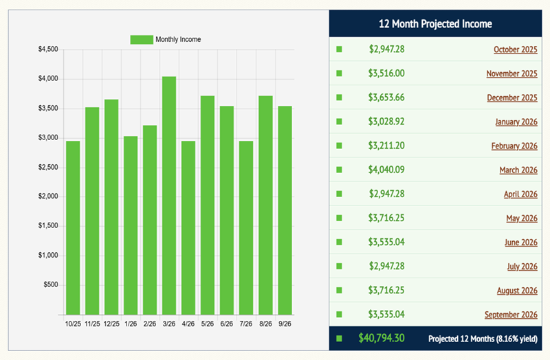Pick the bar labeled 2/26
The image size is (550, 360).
pos(150,220)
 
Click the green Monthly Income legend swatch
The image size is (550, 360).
pos(142,40)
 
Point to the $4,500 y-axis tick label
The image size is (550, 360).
pos(48,49)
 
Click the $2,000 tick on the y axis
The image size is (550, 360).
pos(48,196)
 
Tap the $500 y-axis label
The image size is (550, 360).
pos(51,285)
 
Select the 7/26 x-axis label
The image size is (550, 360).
pos(246,324)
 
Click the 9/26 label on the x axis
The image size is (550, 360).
pos(285,324)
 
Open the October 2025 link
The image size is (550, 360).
pos(515,49)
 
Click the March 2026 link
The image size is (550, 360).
pos(518,170)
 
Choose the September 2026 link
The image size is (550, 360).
pos(510,315)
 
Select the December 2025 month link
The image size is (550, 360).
pos(511,98)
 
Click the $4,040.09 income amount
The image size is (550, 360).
pos(386,170)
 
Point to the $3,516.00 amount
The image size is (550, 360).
pos(386,74)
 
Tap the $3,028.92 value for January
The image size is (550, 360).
pos(386,122)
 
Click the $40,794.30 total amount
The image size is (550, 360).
pos(382,338)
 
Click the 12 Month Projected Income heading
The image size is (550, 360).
pos(436,24)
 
